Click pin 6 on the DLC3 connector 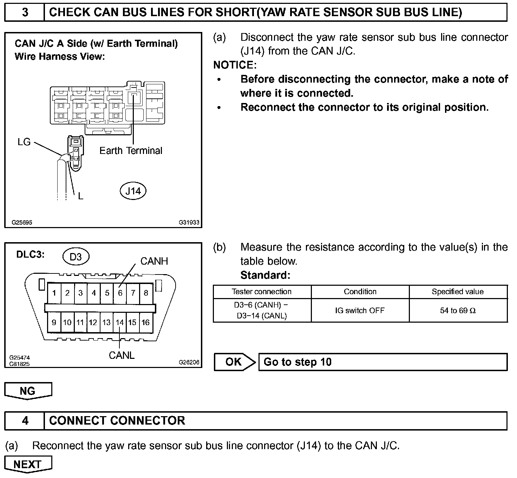(120, 293)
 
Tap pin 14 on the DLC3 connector (120, 322)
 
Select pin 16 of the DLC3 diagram (146, 322)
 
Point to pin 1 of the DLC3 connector (54, 293)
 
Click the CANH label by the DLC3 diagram (154, 261)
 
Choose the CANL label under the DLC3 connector (122, 355)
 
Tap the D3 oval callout (76, 257)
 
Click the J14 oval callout (133, 191)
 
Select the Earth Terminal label (131, 151)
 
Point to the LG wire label (24, 142)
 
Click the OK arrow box (234, 362)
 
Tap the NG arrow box (28, 390)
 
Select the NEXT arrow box (28, 464)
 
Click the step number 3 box (25, 13)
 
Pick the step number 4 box (25, 420)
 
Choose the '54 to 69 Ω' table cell (458, 310)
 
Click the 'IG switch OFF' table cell (360, 310)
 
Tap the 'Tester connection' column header (262, 292)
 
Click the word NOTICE (235, 65)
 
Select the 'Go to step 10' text (297, 362)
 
